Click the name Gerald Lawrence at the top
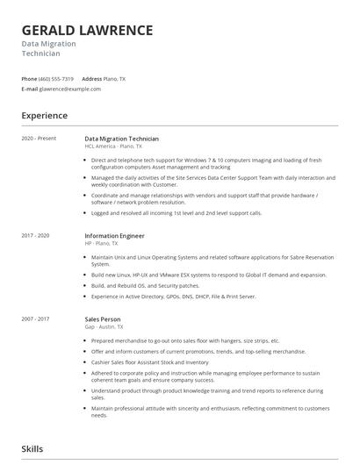click(x=87, y=30)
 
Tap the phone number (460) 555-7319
click(x=56, y=79)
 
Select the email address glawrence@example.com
click(x=71, y=89)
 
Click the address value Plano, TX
click(x=114, y=79)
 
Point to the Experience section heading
click(x=44, y=116)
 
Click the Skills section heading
click(x=32, y=448)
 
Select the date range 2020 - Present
click(x=39, y=139)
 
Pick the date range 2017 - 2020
click(x=36, y=236)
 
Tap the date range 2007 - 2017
click(x=36, y=319)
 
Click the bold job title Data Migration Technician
click(x=121, y=139)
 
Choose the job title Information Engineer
click(x=114, y=236)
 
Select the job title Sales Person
click(x=103, y=319)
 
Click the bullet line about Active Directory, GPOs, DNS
click(x=174, y=297)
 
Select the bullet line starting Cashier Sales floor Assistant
click(x=149, y=361)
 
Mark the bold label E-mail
click(x=30, y=89)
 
